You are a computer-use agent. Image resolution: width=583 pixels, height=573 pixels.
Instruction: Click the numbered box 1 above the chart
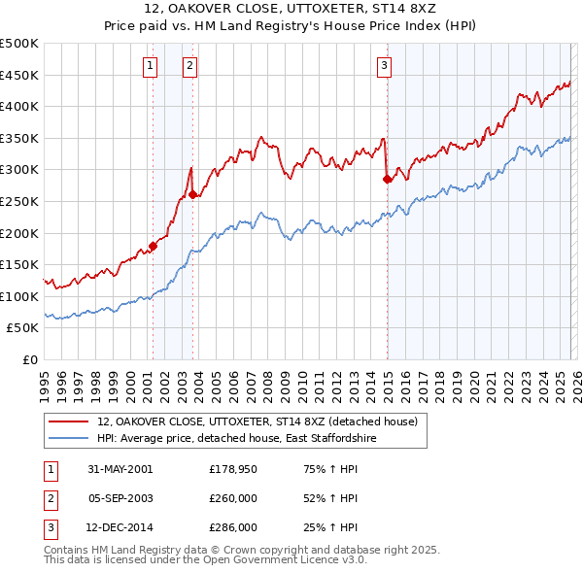tap(152, 66)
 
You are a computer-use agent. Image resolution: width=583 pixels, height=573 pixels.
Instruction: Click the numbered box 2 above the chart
tap(189, 66)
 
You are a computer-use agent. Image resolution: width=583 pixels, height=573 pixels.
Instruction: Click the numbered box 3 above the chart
tap(384, 66)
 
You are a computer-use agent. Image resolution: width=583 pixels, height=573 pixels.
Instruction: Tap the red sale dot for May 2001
tap(154, 246)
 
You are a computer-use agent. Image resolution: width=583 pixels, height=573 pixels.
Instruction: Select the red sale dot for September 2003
tap(192, 194)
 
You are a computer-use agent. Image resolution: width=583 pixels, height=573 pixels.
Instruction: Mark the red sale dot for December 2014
tap(387, 178)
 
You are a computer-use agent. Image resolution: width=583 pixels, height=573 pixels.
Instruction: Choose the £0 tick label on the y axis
tap(29, 359)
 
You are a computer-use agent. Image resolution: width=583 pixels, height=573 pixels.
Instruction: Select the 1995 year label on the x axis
tap(44, 381)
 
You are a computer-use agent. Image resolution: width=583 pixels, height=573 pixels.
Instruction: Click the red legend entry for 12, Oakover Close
tap(257, 421)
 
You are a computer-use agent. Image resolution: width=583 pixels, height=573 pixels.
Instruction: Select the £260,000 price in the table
tap(233, 498)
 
